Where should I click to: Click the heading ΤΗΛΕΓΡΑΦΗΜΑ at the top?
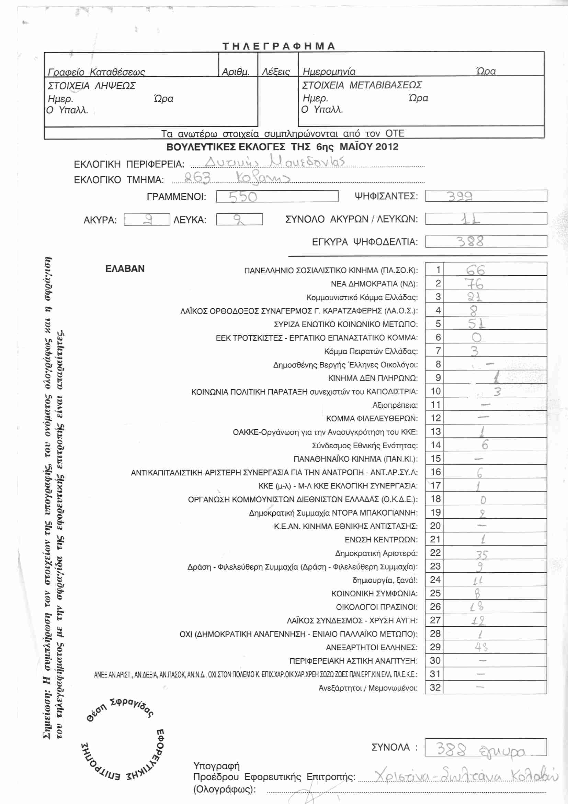pyautogui.click(x=279, y=46)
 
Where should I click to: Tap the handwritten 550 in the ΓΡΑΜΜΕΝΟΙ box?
pyautogui.click(x=243, y=197)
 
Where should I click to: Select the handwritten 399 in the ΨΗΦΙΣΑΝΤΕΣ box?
pyautogui.click(x=459, y=196)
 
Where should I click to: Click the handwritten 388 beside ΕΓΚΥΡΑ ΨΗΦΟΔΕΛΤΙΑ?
pyautogui.click(x=470, y=241)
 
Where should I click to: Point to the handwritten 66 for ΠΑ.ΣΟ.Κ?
pyautogui.click(x=475, y=270)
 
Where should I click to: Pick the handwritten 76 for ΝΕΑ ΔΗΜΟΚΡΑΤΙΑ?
pyautogui.click(x=474, y=283)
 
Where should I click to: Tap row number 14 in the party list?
pyautogui.click(x=435, y=445)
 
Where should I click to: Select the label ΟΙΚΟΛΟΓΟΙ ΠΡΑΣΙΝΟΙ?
pyautogui.click(x=376, y=607)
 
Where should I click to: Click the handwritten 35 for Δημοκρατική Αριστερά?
pyautogui.click(x=481, y=554)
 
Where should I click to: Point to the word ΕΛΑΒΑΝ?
pyautogui.click(x=125, y=268)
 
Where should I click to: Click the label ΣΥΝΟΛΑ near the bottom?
pyautogui.click(x=390, y=747)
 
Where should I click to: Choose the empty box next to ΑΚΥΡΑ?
pyautogui.click(x=147, y=220)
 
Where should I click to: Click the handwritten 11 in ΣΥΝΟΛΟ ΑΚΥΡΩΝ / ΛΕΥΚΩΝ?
pyautogui.click(x=470, y=219)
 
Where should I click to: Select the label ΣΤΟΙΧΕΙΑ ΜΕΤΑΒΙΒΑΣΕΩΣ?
pyautogui.click(x=362, y=85)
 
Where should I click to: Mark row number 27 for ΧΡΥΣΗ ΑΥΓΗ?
pyautogui.click(x=435, y=620)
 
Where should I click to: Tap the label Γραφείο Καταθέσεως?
pyautogui.click(x=96, y=72)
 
